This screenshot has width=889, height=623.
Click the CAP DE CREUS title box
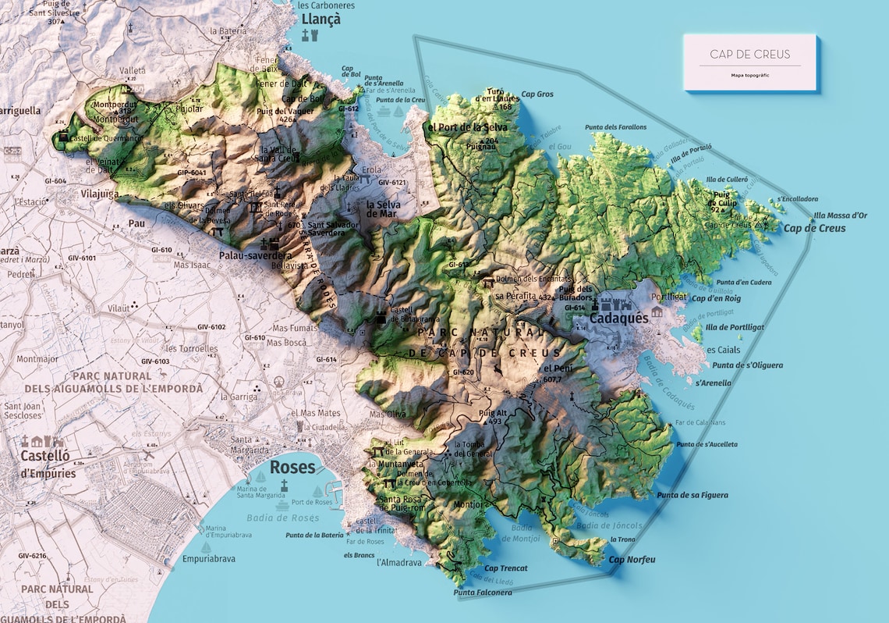pyautogui.click(x=749, y=62)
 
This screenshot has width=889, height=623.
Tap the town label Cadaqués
pyautogui.click(x=618, y=319)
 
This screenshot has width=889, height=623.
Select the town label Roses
pyautogui.click(x=292, y=468)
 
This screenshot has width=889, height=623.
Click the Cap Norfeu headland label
pyautogui.click(x=632, y=560)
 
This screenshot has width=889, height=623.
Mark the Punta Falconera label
pyautogui.click(x=483, y=593)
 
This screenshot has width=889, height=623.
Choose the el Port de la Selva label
pyautogui.click(x=467, y=127)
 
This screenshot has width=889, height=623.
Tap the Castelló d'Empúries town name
pyautogui.click(x=48, y=464)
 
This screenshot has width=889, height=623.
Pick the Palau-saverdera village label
pyautogui.click(x=255, y=255)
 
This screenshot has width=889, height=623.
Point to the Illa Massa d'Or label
pyautogui.click(x=840, y=215)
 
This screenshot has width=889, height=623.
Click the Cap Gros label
pyautogui.click(x=537, y=94)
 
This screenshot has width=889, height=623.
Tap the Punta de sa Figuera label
pyautogui.click(x=692, y=495)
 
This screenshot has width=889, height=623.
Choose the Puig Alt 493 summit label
pyautogui.click(x=494, y=417)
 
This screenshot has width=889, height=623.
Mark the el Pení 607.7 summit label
pyautogui.click(x=553, y=373)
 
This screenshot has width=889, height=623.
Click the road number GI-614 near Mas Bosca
pyautogui.click(x=326, y=359)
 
